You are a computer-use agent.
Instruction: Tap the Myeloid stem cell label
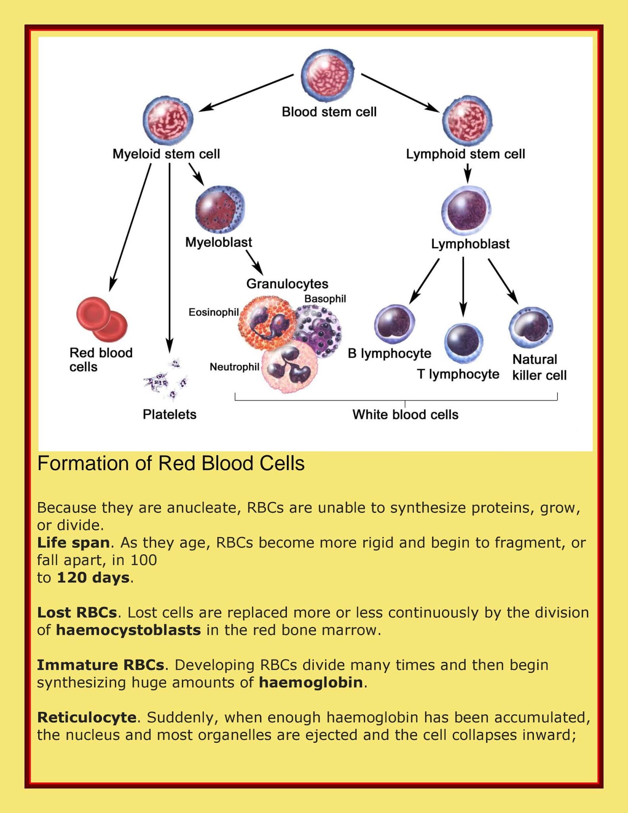[166, 154]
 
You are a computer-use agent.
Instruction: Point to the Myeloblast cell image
[220, 209]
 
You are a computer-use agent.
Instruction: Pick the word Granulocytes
[287, 284]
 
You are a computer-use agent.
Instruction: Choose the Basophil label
[325, 299]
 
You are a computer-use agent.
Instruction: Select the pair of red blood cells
[102, 319]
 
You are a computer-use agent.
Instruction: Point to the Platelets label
[169, 414]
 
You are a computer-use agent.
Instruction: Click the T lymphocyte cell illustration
[463, 343]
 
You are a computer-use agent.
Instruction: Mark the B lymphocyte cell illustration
[394, 324]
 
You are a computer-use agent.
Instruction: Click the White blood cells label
[405, 414]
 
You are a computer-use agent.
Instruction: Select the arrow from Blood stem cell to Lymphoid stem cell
[401, 92]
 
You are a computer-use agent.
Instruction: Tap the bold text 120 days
[93, 578]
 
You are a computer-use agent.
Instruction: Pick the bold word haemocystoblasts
[128, 630]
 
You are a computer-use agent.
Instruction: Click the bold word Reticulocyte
[86, 717]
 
